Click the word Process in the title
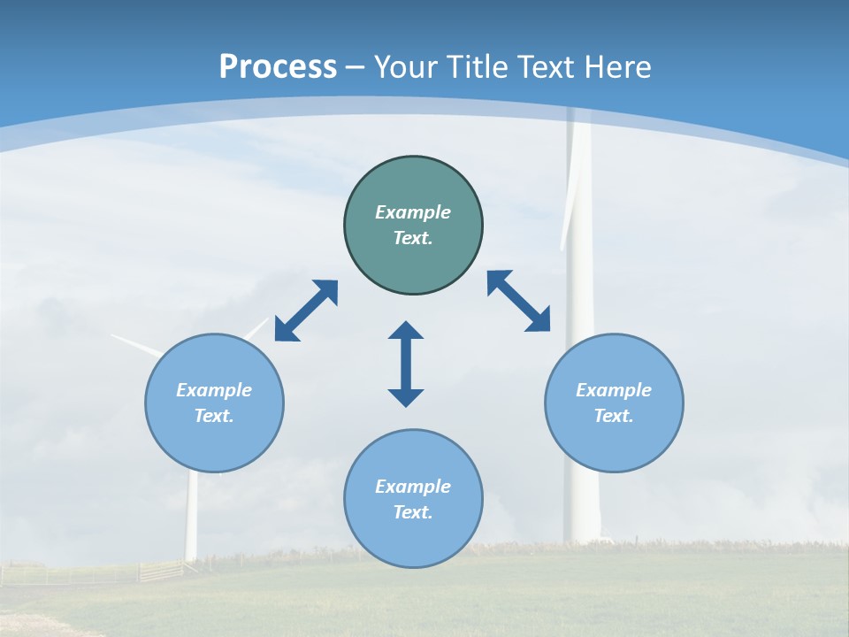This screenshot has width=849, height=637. tap(278, 67)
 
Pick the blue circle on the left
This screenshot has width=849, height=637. tap(214, 442)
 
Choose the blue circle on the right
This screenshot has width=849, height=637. tap(614, 442)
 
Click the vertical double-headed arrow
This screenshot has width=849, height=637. tap(406, 365)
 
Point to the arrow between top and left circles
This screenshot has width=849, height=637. tap(306, 311)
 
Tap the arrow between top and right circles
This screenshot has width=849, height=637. tap(518, 301)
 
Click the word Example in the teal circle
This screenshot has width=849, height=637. tap(413, 212)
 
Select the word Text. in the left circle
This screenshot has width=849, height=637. tap(214, 416)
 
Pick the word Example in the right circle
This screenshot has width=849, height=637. tap(614, 390)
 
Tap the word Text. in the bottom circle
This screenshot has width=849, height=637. tap(413, 512)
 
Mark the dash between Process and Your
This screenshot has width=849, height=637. tap(356, 67)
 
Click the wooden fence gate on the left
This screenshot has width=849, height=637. tap(160, 571)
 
